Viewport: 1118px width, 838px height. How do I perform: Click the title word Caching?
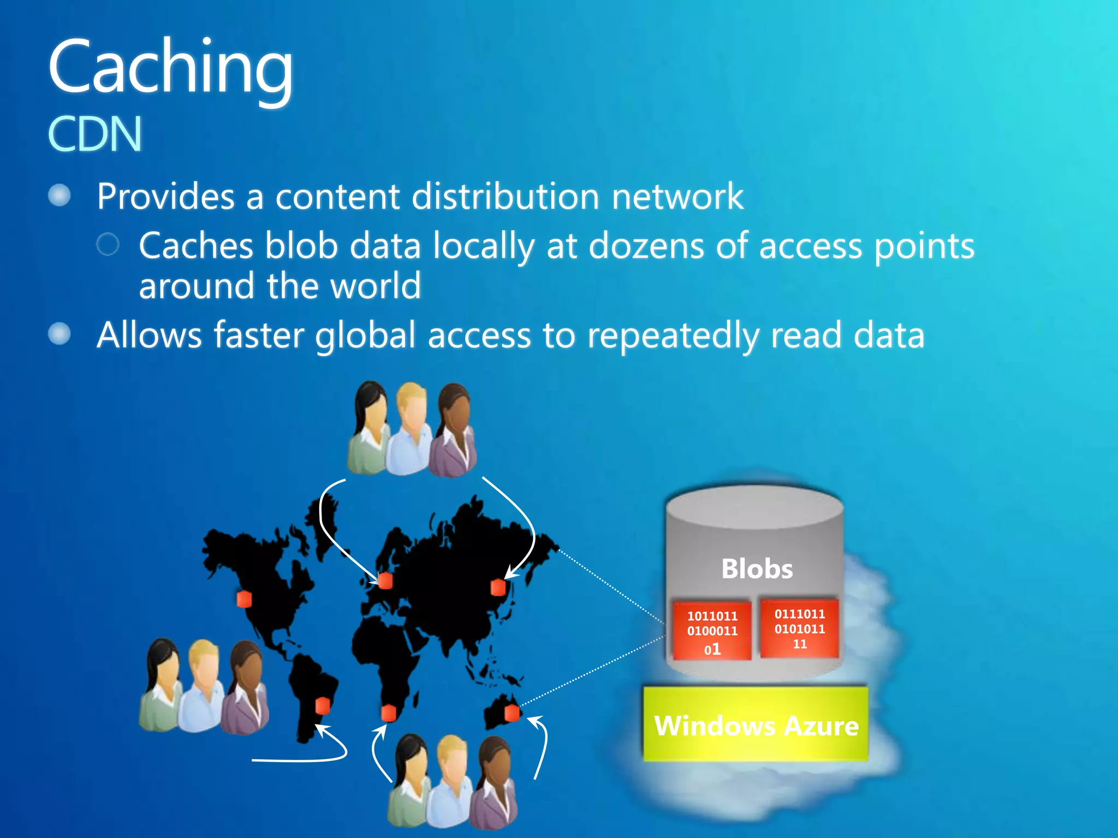[x=170, y=68]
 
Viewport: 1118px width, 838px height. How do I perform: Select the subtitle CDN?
[x=95, y=134]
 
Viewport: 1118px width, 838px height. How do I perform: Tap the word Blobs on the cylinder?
[x=757, y=569]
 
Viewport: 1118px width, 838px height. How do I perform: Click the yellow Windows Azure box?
[x=756, y=725]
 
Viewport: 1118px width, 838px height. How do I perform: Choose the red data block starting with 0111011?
[x=799, y=628]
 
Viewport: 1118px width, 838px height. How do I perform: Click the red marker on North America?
[x=244, y=599]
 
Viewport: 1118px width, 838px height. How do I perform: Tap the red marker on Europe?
[x=385, y=580]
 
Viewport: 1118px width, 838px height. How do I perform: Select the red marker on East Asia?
[x=498, y=588]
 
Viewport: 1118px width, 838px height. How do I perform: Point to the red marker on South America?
[x=323, y=705]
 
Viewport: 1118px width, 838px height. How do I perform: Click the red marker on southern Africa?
[x=388, y=713]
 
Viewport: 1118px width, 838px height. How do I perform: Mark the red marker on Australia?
[x=512, y=713]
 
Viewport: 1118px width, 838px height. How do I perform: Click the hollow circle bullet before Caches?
[x=108, y=244]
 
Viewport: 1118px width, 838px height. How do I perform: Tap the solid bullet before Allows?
[x=60, y=334]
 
